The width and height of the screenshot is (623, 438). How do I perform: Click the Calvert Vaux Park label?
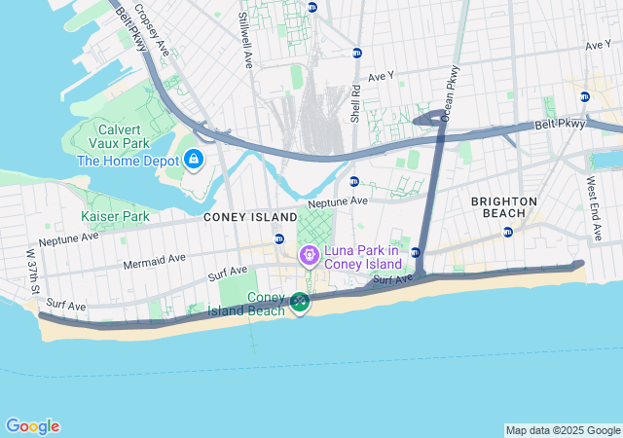point(122,136)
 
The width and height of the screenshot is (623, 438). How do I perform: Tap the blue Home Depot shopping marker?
point(194,159)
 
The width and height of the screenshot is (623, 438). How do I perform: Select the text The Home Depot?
point(128,161)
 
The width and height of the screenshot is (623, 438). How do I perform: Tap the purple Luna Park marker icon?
point(309,256)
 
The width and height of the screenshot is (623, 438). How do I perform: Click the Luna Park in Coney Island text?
point(363,257)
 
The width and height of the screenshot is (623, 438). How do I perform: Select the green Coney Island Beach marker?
point(300,304)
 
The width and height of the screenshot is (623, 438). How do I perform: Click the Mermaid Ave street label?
point(155,261)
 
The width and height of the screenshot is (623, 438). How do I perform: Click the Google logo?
point(32,426)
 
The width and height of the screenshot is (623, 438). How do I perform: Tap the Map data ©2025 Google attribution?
point(563,430)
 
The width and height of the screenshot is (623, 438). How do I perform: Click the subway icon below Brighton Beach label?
point(507,232)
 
